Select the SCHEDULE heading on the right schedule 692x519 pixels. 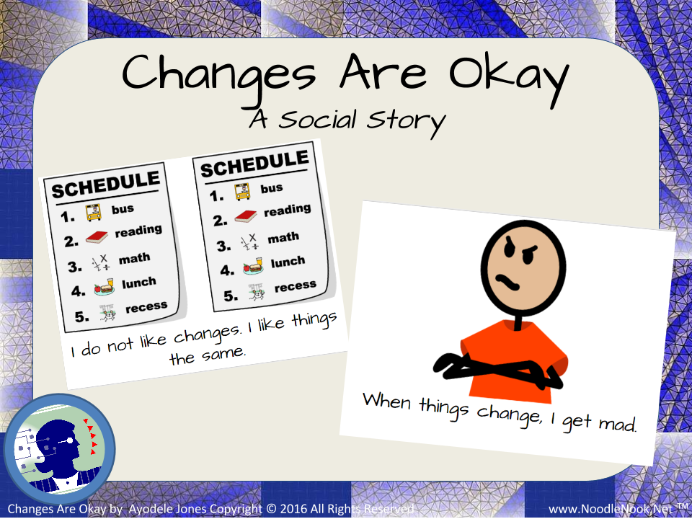(254, 163)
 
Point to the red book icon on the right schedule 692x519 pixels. (244, 216)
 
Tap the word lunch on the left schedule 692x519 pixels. (138, 283)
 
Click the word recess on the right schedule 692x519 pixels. (295, 287)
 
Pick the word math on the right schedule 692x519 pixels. (283, 238)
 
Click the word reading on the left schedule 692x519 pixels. (138, 231)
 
